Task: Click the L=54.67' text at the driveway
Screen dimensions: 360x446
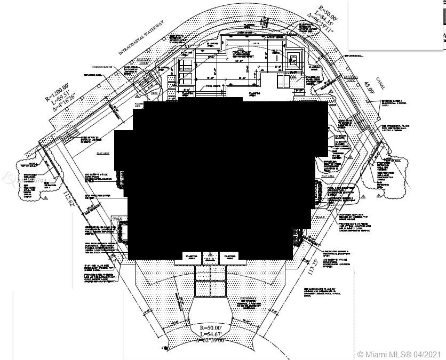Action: click(215, 333)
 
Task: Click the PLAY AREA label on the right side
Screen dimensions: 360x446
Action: click(328, 175)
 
